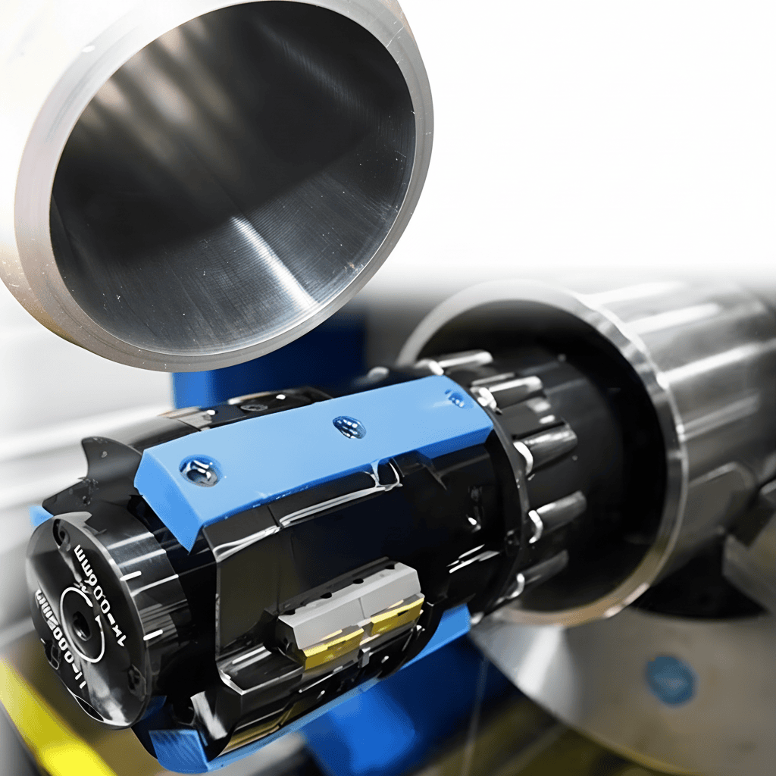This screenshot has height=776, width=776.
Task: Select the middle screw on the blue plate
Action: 349,427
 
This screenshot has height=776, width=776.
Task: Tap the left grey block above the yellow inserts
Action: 318,618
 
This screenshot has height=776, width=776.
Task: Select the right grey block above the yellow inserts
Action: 390,584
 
